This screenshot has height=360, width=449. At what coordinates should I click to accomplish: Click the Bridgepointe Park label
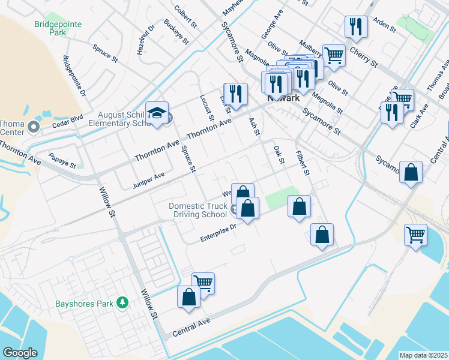click(x=58, y=28)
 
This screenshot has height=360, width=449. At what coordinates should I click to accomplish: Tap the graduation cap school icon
click(x=157, y=113)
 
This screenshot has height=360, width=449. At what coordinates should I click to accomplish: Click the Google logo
click(x=20, y=353)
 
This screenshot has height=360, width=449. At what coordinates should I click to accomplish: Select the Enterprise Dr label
click(x=218, y=233)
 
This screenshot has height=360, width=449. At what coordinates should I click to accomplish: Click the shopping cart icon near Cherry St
click(x=334, y=55)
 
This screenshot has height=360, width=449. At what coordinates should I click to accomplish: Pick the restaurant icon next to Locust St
click(x=235, y=93)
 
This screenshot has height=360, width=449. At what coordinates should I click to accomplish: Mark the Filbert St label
click(x=302, y=163)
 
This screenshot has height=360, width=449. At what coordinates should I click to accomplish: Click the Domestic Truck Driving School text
click(x=197, y=210)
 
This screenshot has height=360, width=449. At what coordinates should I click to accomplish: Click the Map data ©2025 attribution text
click(x=423, y=355)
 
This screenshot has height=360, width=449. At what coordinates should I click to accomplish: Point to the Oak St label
click(x=278, y=154)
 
